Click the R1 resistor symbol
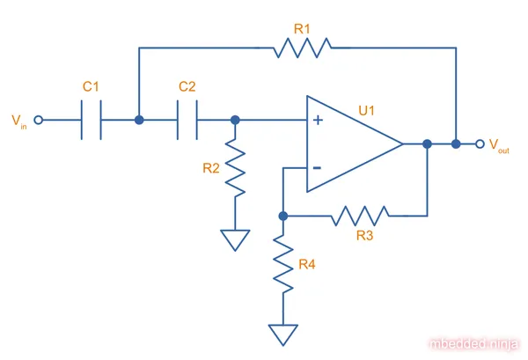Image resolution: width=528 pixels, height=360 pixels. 302,48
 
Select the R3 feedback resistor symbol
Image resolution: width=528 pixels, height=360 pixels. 361,215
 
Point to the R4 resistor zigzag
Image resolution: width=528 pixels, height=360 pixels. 283,267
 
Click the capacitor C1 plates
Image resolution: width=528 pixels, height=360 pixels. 92,120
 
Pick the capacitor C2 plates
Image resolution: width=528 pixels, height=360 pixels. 187,120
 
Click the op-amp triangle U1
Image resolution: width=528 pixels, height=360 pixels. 352,143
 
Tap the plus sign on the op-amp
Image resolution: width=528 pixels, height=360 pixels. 316,121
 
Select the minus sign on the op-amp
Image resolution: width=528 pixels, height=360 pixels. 316,166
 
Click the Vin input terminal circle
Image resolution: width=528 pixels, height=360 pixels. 38,120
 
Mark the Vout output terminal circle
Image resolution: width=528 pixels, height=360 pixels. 479,143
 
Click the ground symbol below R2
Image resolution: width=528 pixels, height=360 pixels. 235,239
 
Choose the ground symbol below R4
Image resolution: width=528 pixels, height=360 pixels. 283,334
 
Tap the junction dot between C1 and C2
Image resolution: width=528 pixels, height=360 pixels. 139,120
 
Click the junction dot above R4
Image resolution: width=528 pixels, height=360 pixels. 283,215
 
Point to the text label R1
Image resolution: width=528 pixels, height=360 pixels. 302,28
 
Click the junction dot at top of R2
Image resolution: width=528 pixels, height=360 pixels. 235,120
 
